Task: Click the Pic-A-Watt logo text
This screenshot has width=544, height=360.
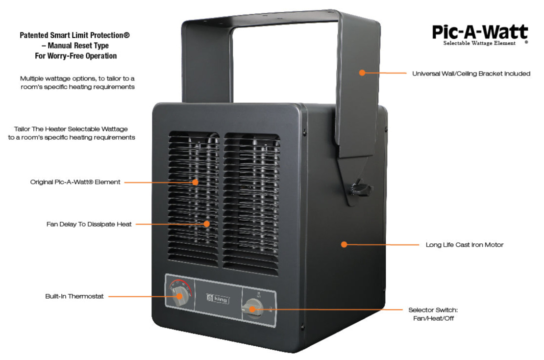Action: (479, 32)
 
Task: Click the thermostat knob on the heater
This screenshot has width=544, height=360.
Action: (180, 296)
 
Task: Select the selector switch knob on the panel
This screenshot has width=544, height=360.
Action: (252, 309)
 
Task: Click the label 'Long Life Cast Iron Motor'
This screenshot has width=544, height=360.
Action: (464, 244)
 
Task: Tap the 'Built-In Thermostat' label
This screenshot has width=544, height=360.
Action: (74, 296)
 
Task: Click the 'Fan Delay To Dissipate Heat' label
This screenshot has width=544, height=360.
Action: (89, 224)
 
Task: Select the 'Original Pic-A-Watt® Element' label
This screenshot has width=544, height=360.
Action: (75, 182)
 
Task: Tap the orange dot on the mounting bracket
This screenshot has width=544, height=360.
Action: (362, 73)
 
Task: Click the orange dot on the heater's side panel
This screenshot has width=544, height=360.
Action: (344, 244)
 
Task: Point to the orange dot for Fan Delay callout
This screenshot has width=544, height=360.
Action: (207, 224)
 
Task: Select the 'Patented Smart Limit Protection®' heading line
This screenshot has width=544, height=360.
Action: (74, 35)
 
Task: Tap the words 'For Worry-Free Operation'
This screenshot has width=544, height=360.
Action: (75, 56)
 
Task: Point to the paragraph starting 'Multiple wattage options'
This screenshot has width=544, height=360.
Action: (77, 82)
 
